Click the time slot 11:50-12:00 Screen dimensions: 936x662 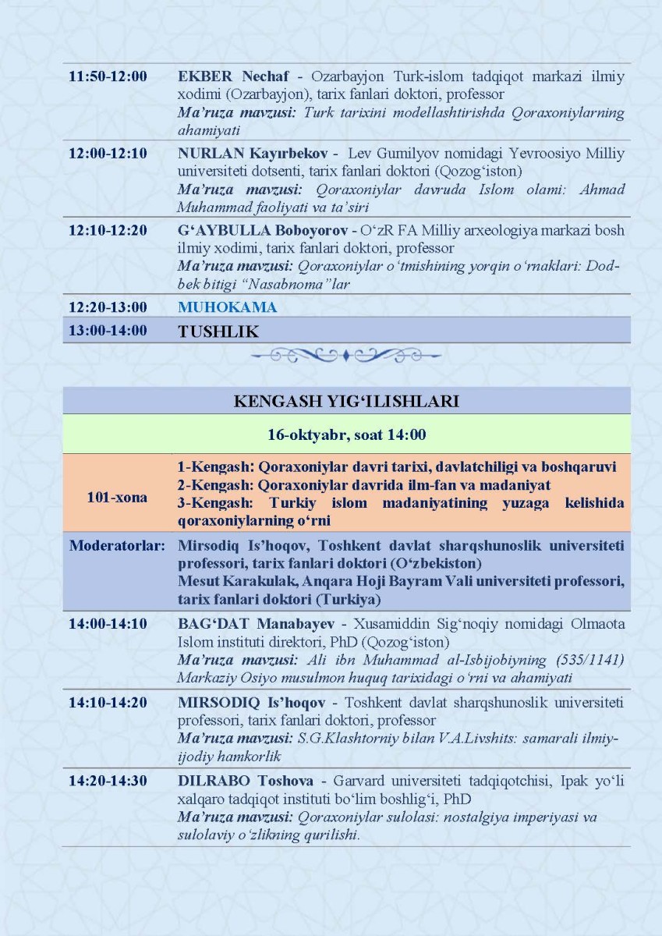108,76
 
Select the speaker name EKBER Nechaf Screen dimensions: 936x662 233,76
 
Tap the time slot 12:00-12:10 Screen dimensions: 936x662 108,153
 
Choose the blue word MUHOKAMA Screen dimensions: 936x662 227,307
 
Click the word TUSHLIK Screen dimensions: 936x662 218,331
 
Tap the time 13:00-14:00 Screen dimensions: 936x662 108,331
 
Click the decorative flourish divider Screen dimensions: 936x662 345,356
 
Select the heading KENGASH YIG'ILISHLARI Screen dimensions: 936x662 345,402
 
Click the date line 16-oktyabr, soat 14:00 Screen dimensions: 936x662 345,434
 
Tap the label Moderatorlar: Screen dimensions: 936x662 117,544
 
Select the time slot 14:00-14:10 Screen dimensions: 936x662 108,625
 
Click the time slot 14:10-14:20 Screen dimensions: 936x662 108,703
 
